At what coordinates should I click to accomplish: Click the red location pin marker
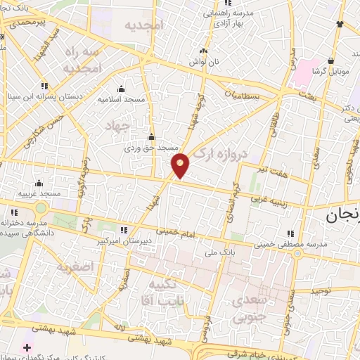click(180, 165)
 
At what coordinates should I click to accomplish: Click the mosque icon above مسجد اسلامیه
click(121, 89)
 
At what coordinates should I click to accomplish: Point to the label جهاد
click(117, 126)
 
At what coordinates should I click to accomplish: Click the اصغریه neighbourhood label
click(76, 266)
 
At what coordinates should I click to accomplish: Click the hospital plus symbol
click(27, 347)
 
